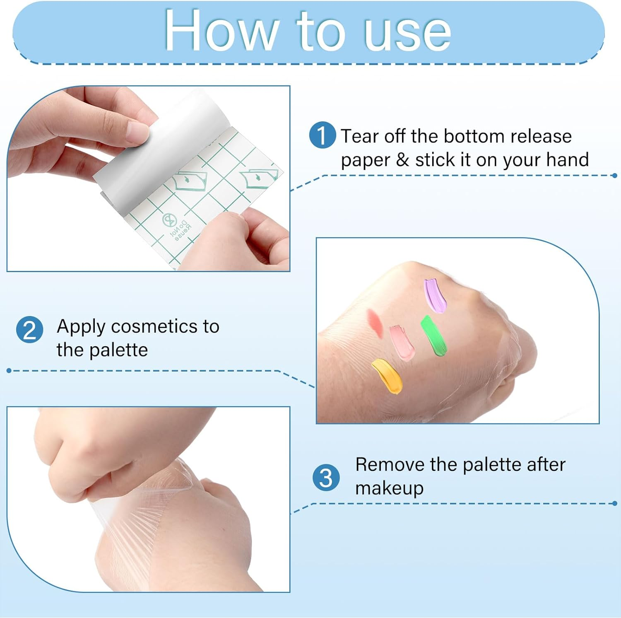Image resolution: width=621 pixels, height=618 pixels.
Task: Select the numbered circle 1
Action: click(x=322, y=135)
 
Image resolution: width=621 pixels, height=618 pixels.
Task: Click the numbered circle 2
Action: click(x=29, y=330)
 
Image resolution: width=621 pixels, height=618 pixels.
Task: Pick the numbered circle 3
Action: click(x=326, y=477)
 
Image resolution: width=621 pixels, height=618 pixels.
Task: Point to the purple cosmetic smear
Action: click(x=435, y=295)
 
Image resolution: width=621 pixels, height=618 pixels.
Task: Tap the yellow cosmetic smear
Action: click(x=388, y=376)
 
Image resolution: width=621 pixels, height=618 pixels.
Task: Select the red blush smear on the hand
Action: click(x=374, y=321)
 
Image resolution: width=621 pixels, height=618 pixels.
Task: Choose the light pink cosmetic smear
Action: click(x=401, y=342)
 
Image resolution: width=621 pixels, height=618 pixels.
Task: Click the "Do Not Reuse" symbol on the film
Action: click(x=170, y=220)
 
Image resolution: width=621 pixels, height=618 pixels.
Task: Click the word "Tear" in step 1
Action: click(x=360, y=136)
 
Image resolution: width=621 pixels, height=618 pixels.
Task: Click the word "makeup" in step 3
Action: click(x=389, y=488)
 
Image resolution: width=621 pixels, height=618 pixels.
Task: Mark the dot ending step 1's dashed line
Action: click(x=615, y=176)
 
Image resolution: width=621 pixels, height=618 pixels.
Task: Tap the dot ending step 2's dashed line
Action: click(x=9, y=370)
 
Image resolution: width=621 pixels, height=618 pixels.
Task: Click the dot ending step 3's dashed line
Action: click(x=615, y=504)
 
